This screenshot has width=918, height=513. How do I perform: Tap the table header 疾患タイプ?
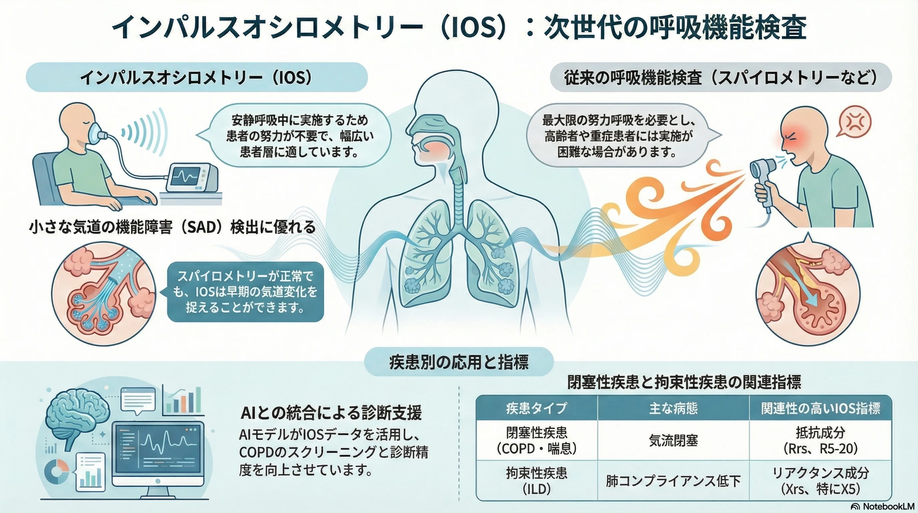536,408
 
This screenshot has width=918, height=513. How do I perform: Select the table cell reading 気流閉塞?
673,441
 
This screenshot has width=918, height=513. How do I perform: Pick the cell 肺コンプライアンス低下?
673,481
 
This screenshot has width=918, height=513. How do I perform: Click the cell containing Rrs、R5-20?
820,441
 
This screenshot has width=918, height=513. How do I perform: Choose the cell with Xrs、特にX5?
820,481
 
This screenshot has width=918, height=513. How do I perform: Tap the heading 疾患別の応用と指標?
459,362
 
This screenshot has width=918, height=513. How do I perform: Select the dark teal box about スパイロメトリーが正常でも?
245,292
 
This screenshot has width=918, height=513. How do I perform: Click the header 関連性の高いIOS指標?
820,408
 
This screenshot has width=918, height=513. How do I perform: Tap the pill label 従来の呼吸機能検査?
721,77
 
